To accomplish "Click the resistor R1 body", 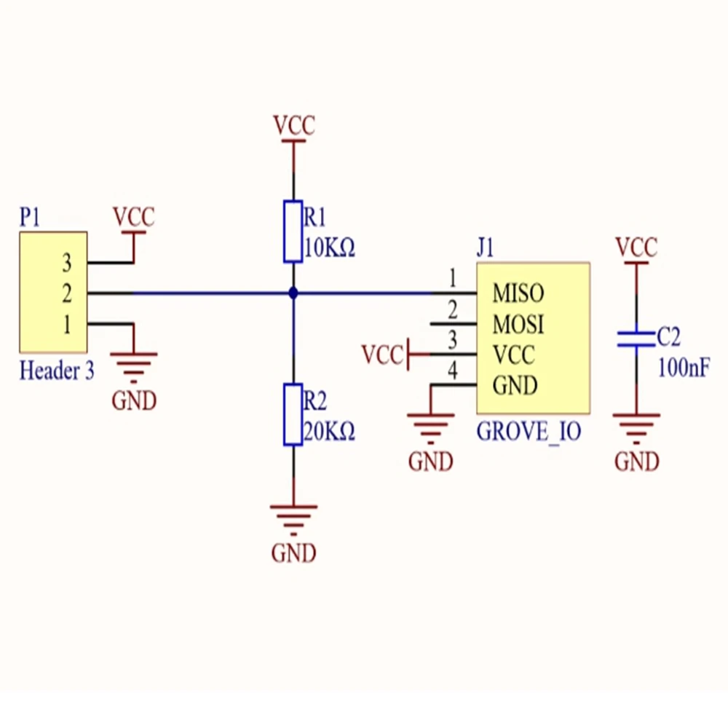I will click(x=293, y=232).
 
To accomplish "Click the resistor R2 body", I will click(x=293, y=414).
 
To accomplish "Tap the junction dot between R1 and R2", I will click(x=293, y=293).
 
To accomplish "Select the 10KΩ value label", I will click(x=329, y=250).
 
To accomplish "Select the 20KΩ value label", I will click(x=329, y=432).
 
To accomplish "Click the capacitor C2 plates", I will click(x=636, y=339).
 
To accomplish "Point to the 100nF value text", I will click(x=684, y=368).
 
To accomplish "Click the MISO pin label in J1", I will click(x=518, y=294).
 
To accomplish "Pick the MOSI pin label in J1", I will click(x=518, y=324).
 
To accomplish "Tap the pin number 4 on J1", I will click(x=453, y=372).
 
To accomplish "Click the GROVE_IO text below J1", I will click(x=529, y=432).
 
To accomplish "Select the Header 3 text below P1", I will click(x=57, y=371).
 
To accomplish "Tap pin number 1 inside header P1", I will click(x=67, y=325).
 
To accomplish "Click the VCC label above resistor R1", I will click(x=294, y=126).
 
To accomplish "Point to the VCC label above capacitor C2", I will click(x=636, y=248).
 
